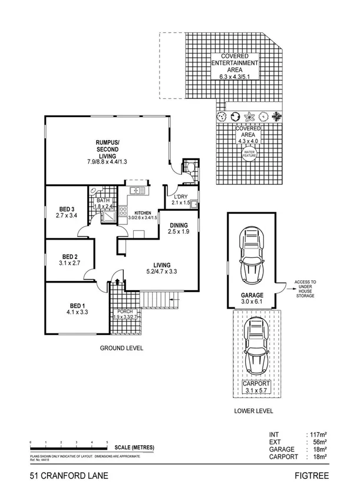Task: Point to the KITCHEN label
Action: [143, 213]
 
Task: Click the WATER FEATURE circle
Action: [249, 154]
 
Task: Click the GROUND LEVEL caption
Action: [122, 348]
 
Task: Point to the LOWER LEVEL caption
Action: [253, 411]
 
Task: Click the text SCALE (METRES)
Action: [135, 447]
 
